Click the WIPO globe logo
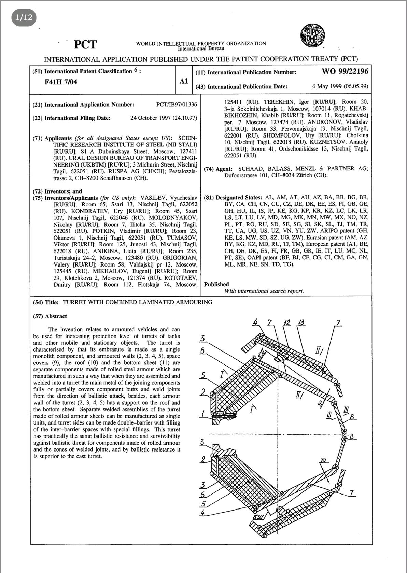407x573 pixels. click(312, 35)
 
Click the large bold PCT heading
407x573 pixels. click(85, 44)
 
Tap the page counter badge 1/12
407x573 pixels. click(24, 17)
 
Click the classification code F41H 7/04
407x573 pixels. click(61, 82)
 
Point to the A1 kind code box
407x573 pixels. click(184, 81)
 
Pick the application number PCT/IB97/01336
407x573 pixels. click(177, 105)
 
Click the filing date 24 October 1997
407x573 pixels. click(150, 118)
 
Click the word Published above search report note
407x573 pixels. click(216, 284)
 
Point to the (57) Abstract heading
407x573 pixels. click(50, 316)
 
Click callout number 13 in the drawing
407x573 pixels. click(302, 323)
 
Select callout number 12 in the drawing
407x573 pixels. click(287, 323)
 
